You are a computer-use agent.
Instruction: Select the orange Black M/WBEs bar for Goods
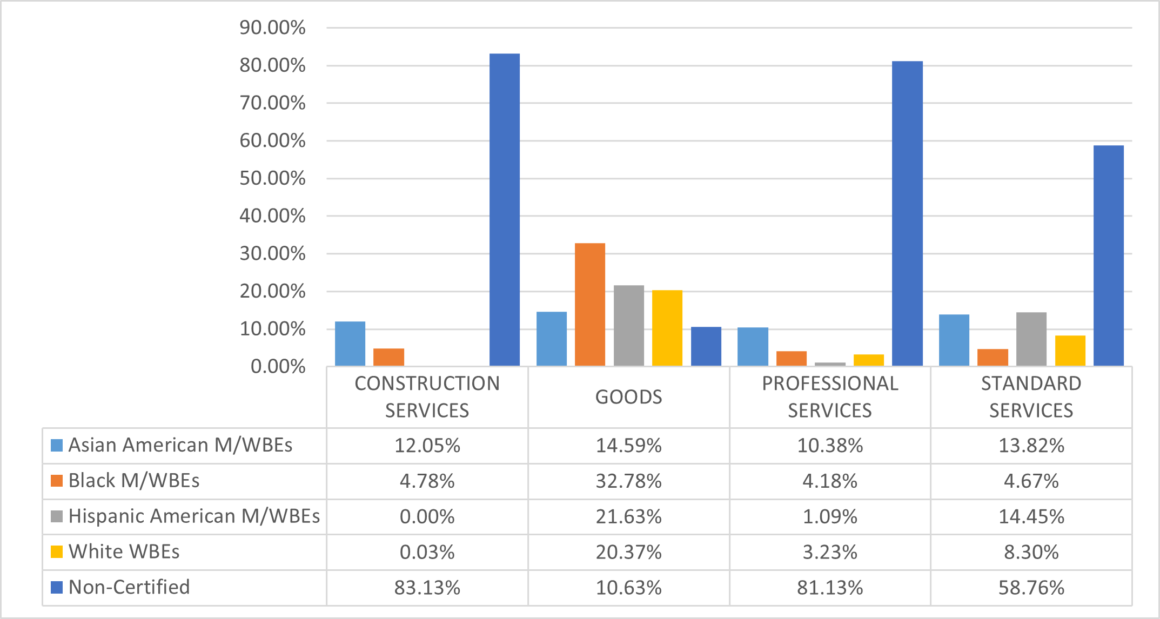590,305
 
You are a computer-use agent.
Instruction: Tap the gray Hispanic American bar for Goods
629,326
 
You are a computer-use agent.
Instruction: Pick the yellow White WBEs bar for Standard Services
1070,351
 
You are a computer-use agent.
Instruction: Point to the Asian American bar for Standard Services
954,340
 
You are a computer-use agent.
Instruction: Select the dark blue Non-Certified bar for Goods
706,346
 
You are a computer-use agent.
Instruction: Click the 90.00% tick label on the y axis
272,28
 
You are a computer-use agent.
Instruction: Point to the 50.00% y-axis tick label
272,178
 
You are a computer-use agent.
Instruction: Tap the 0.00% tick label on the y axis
278,367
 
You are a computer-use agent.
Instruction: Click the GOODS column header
628,397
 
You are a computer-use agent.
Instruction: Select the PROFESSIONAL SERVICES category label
830,397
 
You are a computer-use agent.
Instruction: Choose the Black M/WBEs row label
134,481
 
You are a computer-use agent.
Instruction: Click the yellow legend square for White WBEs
57,551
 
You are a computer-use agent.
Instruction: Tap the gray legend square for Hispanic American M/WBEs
57,516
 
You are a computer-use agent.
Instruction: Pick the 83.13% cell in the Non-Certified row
427,587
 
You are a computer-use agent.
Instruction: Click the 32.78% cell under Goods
628,481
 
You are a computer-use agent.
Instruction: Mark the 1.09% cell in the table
830,516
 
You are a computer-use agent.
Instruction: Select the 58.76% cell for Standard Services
1031,587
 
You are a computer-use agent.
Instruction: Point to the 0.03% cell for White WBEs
427,552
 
